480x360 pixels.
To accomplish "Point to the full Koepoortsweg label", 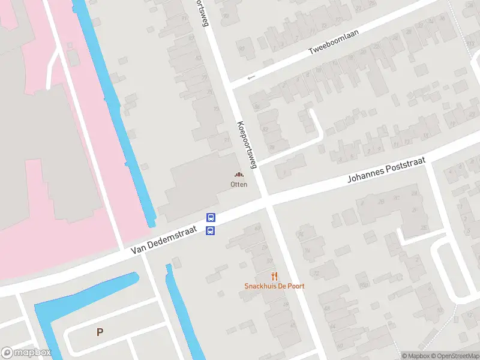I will pos(247,144).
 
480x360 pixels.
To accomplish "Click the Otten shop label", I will pos(239,184).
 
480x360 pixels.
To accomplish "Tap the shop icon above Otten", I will pos(239,175).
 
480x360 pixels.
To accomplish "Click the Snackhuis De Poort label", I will pos(274,286).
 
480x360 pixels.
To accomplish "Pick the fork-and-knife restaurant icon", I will pos(274,276).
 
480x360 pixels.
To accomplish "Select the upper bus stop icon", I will pos(211,218).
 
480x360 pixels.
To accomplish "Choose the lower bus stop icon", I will pos(211,230).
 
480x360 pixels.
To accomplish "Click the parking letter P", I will pos(100,332).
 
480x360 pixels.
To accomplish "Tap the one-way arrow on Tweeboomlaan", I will pos(251,77).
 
